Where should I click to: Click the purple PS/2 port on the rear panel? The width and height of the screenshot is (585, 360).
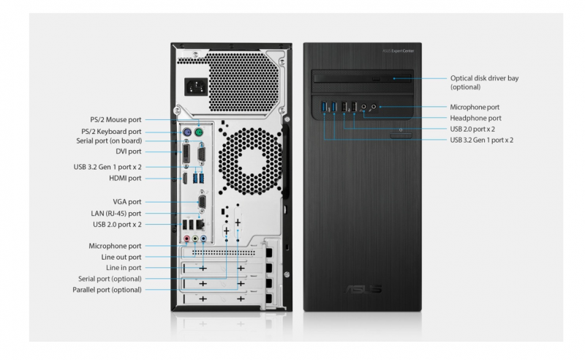coord(187,132)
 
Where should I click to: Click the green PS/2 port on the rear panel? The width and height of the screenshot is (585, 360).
coord(199,132)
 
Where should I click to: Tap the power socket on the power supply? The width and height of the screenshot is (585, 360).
coord(196,87)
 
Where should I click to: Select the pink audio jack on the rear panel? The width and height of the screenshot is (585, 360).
coord(187,239)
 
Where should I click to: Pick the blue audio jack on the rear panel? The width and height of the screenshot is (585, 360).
coord(203,239)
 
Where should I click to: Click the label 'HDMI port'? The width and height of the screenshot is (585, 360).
coord(125,178)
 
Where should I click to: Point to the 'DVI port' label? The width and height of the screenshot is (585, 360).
coord(129,151)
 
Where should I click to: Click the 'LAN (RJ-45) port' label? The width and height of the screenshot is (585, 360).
coord(116,213)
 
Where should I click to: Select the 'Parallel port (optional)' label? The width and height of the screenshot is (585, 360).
coord(107,290)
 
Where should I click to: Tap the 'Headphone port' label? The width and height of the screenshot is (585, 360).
coord(476,118)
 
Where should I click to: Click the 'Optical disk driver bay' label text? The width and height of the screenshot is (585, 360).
coord(484,78)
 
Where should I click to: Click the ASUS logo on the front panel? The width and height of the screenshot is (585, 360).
coord(363,289)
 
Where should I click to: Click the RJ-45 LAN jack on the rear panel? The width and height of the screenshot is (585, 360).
coord(200,224)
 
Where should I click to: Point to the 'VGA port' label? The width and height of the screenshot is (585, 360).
coord(127,202)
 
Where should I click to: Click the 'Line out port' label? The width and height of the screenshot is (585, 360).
coord(121,257)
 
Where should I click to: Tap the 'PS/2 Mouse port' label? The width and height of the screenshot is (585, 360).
coord(116,119)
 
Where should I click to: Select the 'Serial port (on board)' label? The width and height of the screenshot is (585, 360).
coord(109,140)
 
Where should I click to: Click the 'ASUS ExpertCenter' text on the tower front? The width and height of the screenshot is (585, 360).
coord(399,50)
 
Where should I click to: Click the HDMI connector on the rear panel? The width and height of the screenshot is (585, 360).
coord(185,179)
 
